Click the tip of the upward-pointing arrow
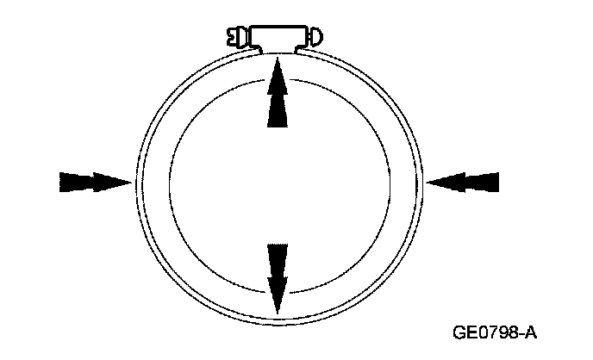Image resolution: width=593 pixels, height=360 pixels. (x=276, y=57)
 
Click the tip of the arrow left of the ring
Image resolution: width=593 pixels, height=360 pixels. (x=132, y=182)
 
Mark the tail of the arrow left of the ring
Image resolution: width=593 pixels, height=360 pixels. (x=61, y=182)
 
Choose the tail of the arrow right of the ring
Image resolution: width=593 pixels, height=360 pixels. (x=497, y=182)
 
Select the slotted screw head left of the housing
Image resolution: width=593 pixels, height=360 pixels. (x=235, y=37)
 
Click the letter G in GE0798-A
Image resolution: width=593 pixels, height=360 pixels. (x=457, y=332)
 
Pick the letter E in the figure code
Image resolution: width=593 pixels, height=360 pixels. (x=468, y=332)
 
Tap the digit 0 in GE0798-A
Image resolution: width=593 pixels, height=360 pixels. (x=479, y=332)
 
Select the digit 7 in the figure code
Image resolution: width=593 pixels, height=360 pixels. (x=490, y=332)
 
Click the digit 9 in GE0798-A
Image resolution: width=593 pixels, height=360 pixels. (x=500, y=332)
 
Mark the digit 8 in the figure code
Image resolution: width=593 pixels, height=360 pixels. (x=510, y=332)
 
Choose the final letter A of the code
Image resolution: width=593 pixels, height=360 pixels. (x=528, y=332)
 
